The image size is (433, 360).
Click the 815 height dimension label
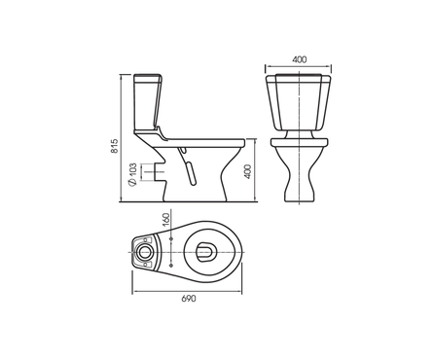pos(114,146)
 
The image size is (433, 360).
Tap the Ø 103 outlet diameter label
pos(132,174)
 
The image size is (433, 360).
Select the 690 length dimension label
pos(189,299)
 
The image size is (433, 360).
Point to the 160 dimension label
pos(165,220)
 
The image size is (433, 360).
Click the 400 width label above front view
pos(299,59)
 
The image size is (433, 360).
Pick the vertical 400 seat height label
pos(247,172)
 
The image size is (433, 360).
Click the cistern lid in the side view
pos(148,78)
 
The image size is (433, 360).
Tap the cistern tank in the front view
pos(299,102)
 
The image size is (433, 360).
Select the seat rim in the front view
pos(300,142)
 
